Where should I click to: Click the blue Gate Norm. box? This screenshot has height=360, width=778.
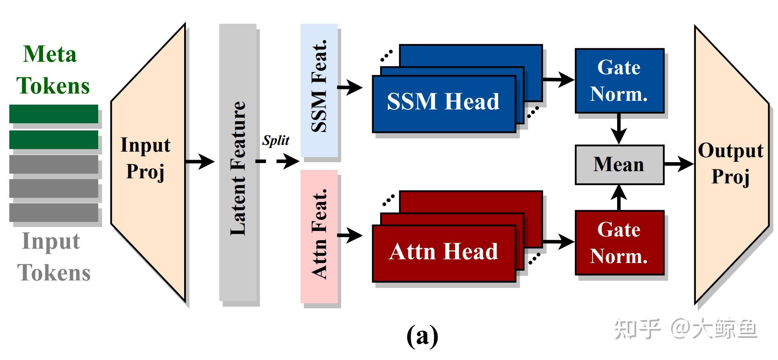(619, 80)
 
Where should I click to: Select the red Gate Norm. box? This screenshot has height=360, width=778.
(619, 243)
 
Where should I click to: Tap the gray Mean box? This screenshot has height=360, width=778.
(619, 165)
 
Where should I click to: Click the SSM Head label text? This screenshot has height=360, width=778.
(443, 102)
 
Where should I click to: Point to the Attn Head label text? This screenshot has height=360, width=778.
(443, 251)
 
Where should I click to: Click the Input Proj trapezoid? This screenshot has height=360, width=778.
(148, 163)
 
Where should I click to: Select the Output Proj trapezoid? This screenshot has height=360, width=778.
(731, 164)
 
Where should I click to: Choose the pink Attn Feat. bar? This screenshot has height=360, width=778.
(319, 236)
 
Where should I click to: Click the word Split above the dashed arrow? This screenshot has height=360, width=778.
(276, 140)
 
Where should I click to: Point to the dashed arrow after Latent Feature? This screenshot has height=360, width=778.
(278, 161)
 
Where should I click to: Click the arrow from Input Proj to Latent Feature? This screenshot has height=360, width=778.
(200, 161)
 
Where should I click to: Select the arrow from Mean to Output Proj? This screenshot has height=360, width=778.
(679, 164)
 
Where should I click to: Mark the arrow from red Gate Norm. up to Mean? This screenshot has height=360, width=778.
(619, 198)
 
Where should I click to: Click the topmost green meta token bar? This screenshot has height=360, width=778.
(54, 114)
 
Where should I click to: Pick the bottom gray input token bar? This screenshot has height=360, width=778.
(54, 213)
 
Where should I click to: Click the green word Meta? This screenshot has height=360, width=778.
(50, 54)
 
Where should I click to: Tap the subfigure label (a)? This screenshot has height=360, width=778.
(422, 336)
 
